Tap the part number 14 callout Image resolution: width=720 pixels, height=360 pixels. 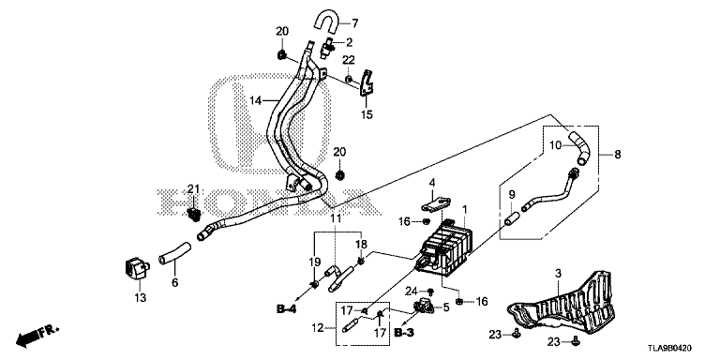point(256,99)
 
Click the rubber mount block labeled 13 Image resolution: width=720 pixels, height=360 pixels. point(136,269)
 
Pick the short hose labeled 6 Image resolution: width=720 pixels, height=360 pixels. point(175,253)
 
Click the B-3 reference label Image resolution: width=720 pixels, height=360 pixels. point(405,332)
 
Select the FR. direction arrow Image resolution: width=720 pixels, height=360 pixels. point(37,336)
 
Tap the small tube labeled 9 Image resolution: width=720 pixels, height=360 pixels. point(512,217)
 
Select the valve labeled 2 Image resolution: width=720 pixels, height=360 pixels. point(330,47)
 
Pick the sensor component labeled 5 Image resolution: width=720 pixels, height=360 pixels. point(426,306)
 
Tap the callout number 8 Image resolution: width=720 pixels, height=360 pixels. point(617,155)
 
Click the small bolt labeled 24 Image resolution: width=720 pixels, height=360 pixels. point(430,292)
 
